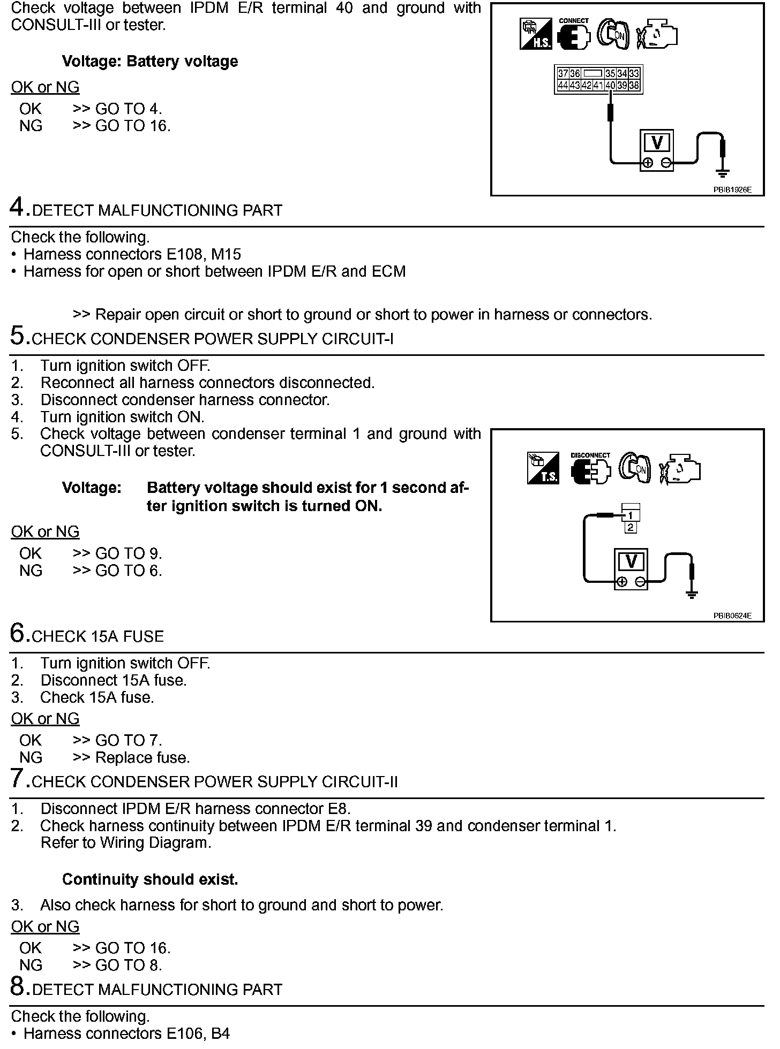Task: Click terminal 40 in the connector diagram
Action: pos(610,86)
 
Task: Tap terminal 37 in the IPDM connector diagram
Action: pos(562,74)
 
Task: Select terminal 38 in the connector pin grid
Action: pos(634,86)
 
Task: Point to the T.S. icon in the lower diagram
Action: pos(543,469)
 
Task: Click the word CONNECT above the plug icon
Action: pos(573,21)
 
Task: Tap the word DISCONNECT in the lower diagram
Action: pos(590,455)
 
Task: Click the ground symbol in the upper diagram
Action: pos(723,173)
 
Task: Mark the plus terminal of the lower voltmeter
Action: pos(621,582)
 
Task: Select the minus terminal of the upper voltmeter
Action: pos(666,163)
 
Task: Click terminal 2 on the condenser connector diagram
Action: pos(631,528)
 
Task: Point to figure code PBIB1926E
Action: pos(732,189)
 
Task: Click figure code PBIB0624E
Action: pos(732,616)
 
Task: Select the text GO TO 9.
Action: pos(128,553)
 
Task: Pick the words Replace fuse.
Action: pos(142,758)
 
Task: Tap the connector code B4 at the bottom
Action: pos(220,1033)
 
